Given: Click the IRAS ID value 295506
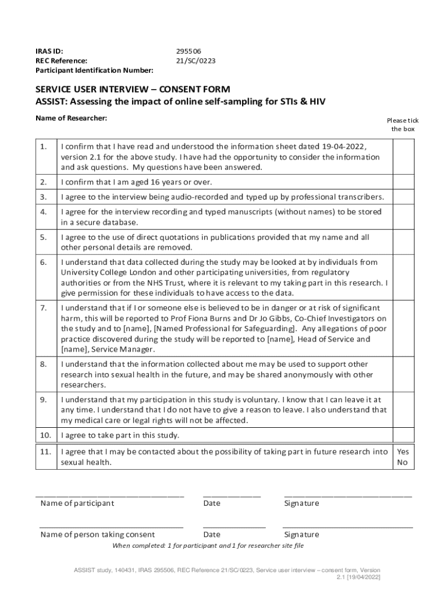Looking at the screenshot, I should [x=189, y=51].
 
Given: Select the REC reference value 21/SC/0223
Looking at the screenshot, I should [x=197, y=61].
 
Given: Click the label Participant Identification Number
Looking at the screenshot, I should [x=95, y=70].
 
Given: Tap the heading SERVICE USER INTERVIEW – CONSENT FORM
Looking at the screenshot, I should [x=133, y=90].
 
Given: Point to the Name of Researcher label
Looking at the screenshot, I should [x=72, y=118].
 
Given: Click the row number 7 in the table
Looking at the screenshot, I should [x=44, y=308].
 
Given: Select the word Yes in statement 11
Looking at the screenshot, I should [x=403, y=451].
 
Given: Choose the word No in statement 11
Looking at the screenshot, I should [x=402, y=463].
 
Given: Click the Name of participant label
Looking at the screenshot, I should [x=77, y=503].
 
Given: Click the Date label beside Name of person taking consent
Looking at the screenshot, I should [x=212, y=534].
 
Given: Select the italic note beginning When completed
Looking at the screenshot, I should [x=208, y=545].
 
